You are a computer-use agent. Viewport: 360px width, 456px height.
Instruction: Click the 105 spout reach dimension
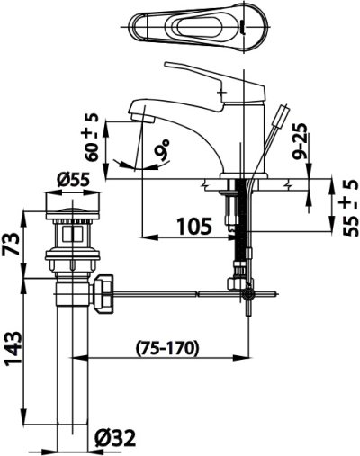tap(193, 225)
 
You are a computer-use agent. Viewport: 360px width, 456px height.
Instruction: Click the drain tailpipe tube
tap(71, 360)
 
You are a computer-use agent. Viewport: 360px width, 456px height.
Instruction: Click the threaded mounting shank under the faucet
tap(238, 225)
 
